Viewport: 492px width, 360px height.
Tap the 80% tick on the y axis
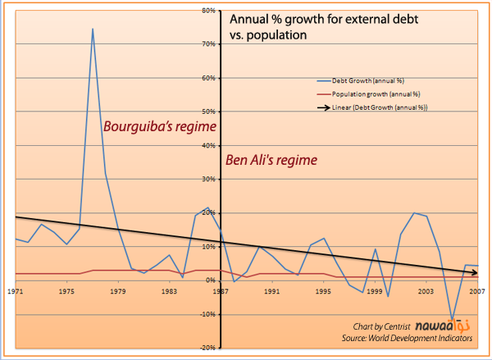[209, 11]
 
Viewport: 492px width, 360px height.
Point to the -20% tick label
[207, 348]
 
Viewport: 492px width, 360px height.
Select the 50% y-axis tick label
[209, 112]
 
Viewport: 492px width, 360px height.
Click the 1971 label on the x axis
[16, 289]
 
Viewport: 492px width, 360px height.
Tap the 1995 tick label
[325, 289]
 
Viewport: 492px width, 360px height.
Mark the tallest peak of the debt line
[92, 29]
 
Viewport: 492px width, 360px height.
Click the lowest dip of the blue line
[452, 319]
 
